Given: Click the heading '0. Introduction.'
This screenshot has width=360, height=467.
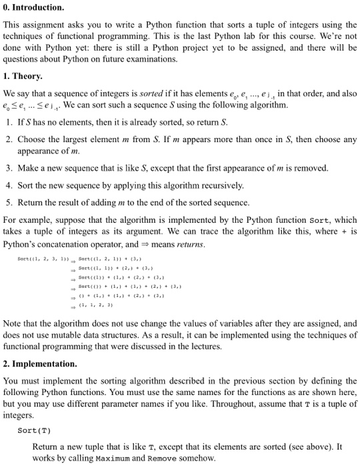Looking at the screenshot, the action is click(x=34, y=7).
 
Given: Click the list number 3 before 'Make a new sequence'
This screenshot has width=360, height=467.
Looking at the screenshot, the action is click(x=8, y=168).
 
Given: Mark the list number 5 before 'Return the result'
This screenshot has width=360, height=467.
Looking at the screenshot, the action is click(x=8, y=202).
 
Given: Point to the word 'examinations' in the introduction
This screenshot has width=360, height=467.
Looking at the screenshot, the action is click(x=154, y=59).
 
